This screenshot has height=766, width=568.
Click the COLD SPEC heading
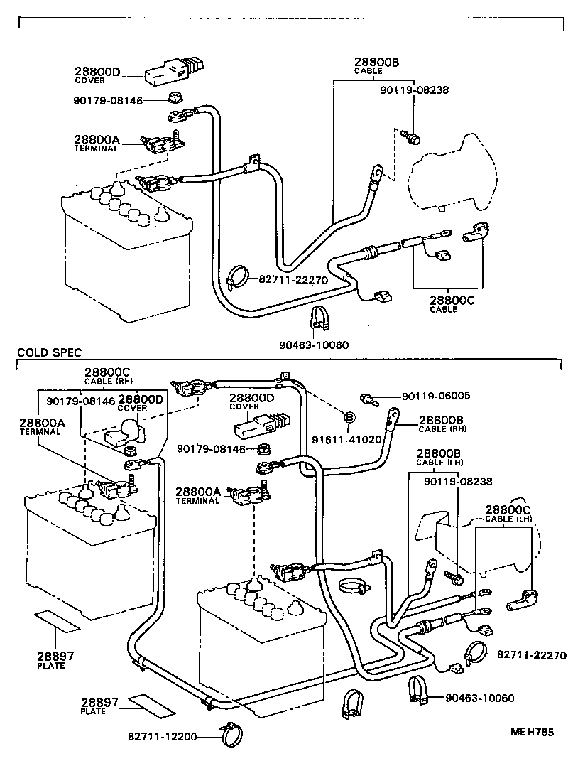point(49,352)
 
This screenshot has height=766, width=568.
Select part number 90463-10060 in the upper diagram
point(315,345)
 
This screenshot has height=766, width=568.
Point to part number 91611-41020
point(347,439)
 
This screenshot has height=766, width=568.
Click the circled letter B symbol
point(349,417)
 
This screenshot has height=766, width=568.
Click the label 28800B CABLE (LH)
point(438,458)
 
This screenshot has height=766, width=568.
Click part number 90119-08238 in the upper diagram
point(414,90)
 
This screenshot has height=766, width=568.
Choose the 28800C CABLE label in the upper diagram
point(451,305)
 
